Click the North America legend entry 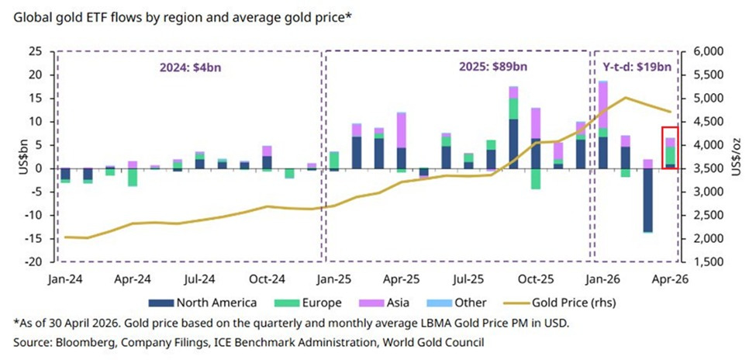click(202, 303)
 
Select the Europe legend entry click(309, 303)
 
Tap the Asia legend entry click(385, 303)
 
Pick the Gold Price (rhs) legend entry click(559, 303)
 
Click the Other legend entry click(457, 303)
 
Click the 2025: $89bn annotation click(492, 67)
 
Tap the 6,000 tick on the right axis click(710, 52)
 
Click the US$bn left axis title click(23, 157)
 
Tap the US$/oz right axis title click(737, 157)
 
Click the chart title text click(183, 17)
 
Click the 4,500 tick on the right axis click(710, 122)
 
